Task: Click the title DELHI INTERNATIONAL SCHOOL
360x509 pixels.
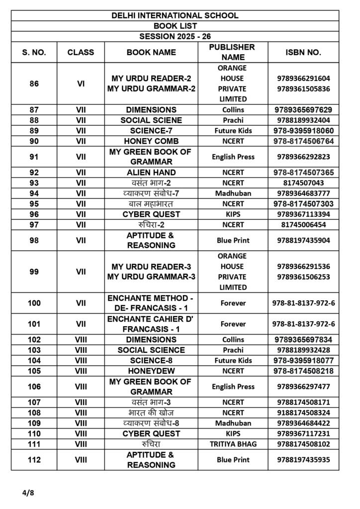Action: pos(175,15)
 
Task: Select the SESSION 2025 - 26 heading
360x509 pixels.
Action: pos(175,36)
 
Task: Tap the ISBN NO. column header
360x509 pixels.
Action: pos(303,52)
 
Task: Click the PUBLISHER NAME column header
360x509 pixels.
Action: pos(233,52)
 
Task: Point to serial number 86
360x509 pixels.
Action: pos(34,84)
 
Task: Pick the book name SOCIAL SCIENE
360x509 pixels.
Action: pos(151,120)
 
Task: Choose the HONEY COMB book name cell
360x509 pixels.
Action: pos(151,141)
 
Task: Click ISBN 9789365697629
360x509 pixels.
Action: pos(303,110)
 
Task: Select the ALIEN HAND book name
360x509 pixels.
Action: pos(151,172)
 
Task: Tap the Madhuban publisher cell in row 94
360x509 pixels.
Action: pos(233,193)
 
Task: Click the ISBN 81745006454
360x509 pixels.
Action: pos(303,225)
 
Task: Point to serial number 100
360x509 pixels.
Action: pos(34,303)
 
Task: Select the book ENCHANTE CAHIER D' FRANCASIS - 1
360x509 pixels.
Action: pos(151,324)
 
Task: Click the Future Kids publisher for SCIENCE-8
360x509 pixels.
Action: pos(233,360)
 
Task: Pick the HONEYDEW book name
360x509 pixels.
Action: pos(151,371)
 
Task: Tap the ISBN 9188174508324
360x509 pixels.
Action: pos(303,413)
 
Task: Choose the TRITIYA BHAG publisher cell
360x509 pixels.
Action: pos(233,444)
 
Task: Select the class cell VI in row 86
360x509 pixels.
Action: pos(81,84)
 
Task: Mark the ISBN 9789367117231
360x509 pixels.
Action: pos(303,433)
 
